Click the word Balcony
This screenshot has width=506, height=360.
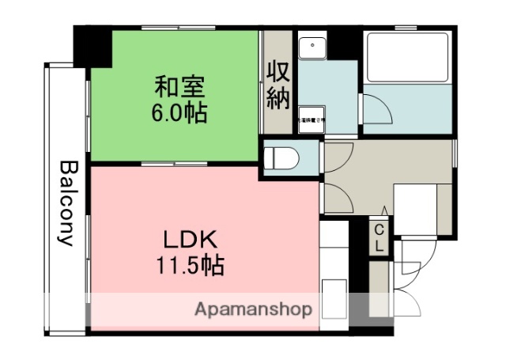click(x=67, y=203)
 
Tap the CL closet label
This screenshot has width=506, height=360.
click(x=379, y=237)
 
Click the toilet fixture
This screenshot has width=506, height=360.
click(x=281, y=156)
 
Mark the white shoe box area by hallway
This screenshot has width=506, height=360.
click(x=417, y=208)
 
